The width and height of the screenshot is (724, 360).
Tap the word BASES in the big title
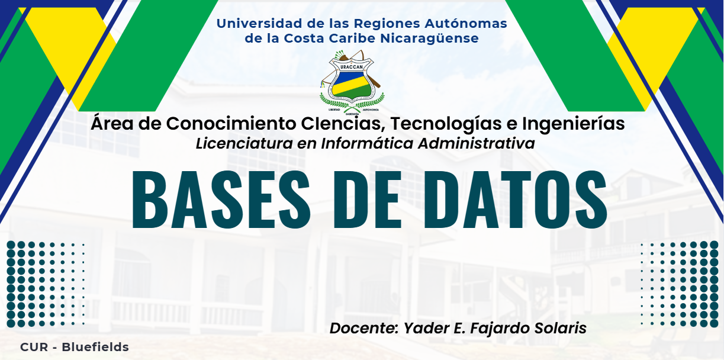(221, 200)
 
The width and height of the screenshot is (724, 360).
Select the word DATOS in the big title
(515, 200)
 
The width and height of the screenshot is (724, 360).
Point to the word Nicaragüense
(429, 38)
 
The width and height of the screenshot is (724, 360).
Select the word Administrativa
(476, 143)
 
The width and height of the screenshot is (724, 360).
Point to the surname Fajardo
(500, 329)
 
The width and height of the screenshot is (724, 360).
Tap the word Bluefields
(95, 347)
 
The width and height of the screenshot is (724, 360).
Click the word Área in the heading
(112, 123)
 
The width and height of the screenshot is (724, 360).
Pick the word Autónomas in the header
(466, 23)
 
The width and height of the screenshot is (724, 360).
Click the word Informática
(367, 143)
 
